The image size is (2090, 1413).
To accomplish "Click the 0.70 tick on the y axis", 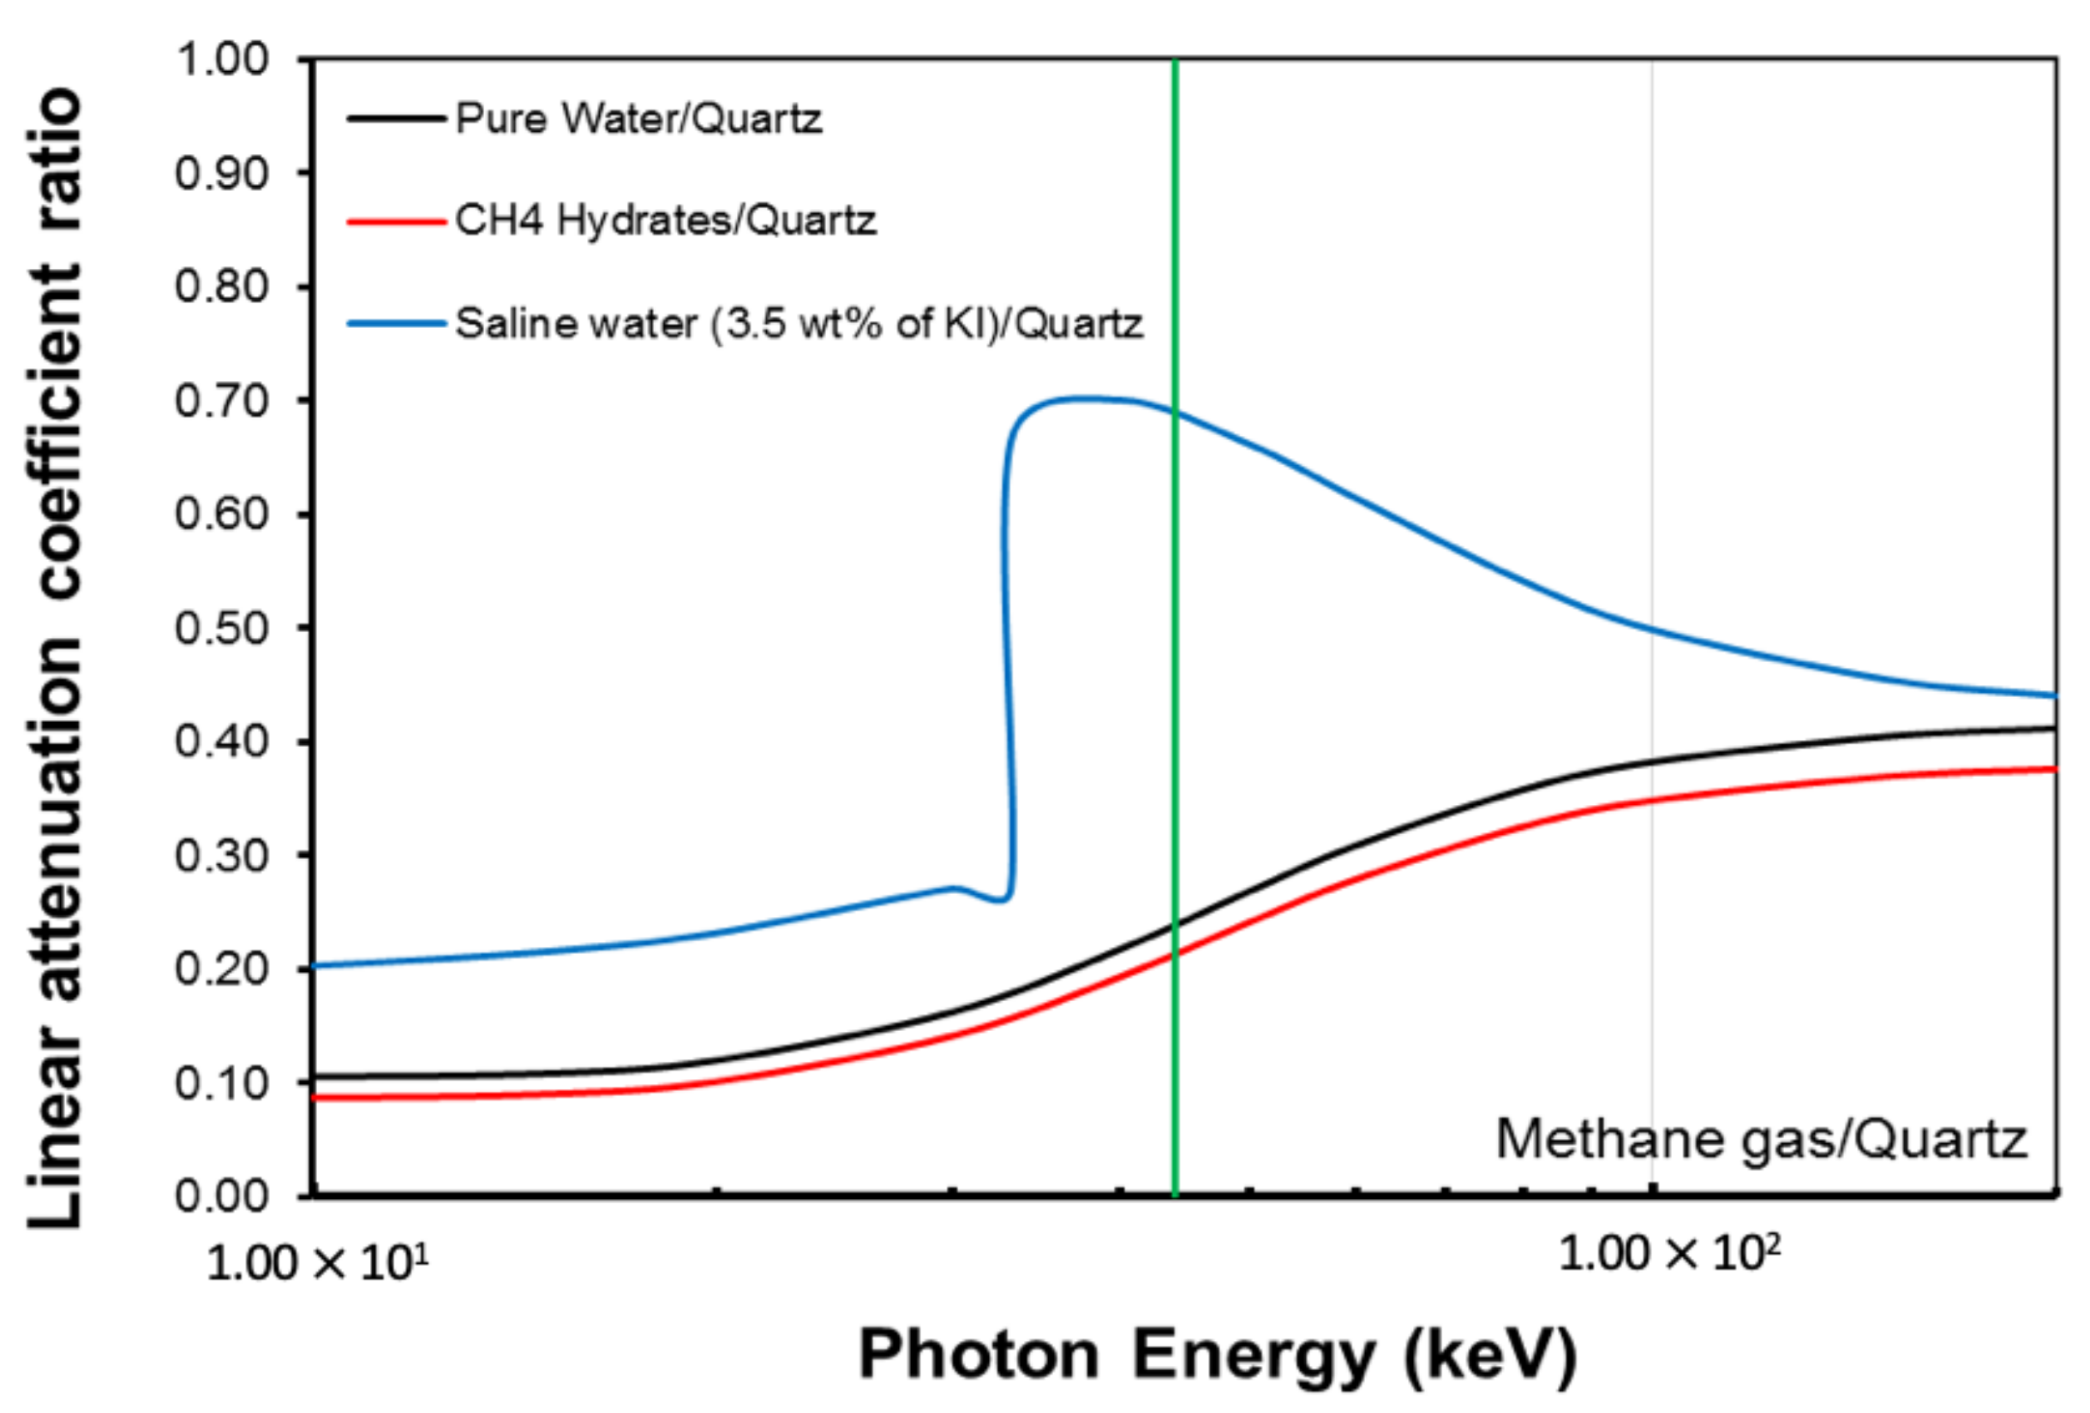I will point(221,400).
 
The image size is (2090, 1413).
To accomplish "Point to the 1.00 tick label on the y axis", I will point(221,59).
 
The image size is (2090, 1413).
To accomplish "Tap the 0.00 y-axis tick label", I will point(221,1195).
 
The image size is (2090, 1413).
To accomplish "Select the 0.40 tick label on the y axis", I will point(221,741).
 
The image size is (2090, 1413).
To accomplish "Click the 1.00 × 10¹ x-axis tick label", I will point(316,1263).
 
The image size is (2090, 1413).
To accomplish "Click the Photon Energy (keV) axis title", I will point(1218,1354).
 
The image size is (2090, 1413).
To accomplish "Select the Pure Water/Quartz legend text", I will point(638,118).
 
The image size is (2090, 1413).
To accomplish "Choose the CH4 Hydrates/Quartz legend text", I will point(665,220).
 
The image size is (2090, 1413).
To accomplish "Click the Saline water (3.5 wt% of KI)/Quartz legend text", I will point(799,323).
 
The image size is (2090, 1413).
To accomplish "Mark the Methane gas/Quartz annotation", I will point(1761,1139).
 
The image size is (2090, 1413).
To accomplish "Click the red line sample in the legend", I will point(397,221).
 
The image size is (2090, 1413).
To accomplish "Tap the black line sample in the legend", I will point(397,119).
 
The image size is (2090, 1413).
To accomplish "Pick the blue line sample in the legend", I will point(397,324).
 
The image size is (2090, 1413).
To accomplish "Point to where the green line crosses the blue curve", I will point(1175,413).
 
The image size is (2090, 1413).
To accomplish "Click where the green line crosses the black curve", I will point(1175,925).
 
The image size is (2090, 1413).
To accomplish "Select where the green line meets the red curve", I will point(1175,954).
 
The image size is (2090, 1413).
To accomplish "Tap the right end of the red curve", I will point(2054,768).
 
